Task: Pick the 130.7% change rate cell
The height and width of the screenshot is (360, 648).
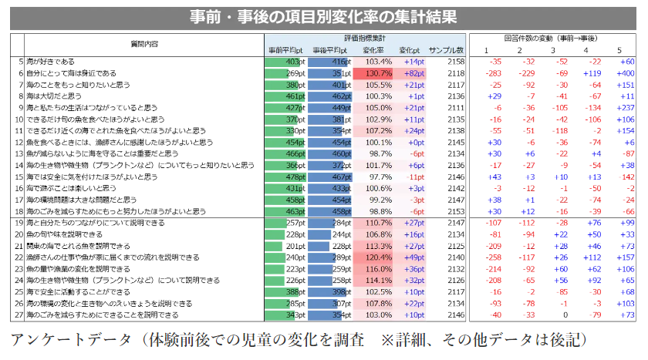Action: coord(378,73)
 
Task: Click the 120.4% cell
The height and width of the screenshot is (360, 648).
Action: coord(378,257)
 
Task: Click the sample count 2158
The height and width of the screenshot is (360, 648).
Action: coord(455,62)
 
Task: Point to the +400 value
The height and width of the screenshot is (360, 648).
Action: coord(624,73)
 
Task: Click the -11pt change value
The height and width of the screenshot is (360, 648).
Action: coord(415,177)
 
